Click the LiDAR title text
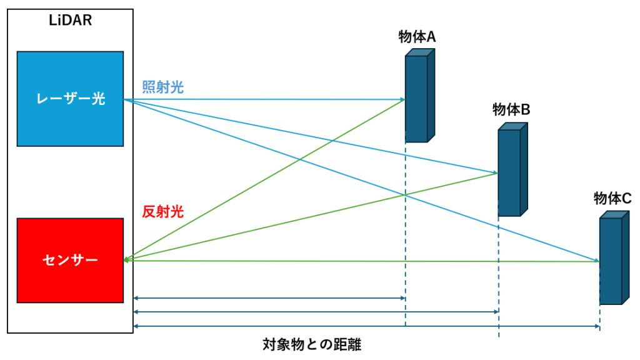tap(70, 20)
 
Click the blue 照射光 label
tap(163, 87)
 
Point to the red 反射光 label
tap(163, 212)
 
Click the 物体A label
tap(417, 37)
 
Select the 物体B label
tap(511, 110)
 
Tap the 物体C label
tap(612, 198)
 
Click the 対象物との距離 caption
tap(312, 344)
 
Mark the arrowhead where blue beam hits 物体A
tap(402, 99)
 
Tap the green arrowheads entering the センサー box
tap(127, 259)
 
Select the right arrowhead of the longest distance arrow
tap(597, 326)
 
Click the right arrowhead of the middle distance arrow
tap(496, 311)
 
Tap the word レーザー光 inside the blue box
tap(70, 99)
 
